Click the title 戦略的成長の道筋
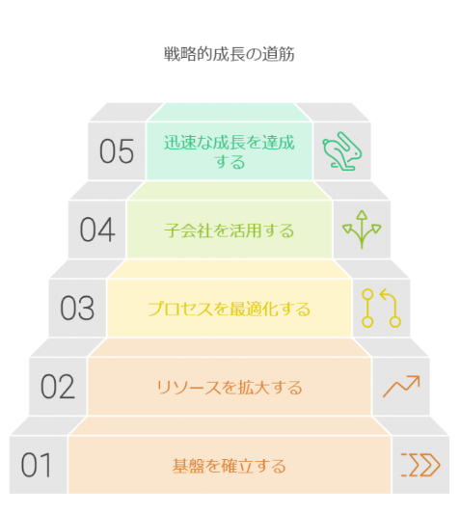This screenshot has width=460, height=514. tap(230, 54)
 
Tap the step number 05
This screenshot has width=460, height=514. tap(117, 151)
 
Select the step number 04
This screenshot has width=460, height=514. tap(97, 230)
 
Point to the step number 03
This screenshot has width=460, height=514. tap(77, 309)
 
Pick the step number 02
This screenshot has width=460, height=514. tap(58, 387)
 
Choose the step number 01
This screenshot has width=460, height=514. tap(36, 465)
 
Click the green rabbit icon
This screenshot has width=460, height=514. tap(342, 151)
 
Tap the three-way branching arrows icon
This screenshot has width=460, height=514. tap(362, 230)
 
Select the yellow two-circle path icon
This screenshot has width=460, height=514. tap(381, 309)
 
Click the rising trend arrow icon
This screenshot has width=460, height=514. tap(401, 387)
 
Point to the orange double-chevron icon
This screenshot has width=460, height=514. tap(420, 465)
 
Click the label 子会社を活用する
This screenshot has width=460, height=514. tap(230, 230)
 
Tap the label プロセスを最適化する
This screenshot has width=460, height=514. tap(230, 309)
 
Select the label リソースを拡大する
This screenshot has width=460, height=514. tap(230, 388)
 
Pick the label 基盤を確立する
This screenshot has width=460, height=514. tap(230, 466)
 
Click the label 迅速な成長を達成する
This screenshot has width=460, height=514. tap(230, 151)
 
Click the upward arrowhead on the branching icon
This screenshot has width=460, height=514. tap(362, 215)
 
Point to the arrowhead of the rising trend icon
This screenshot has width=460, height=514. tap(416, 380)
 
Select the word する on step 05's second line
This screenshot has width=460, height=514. tap(230, 162)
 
